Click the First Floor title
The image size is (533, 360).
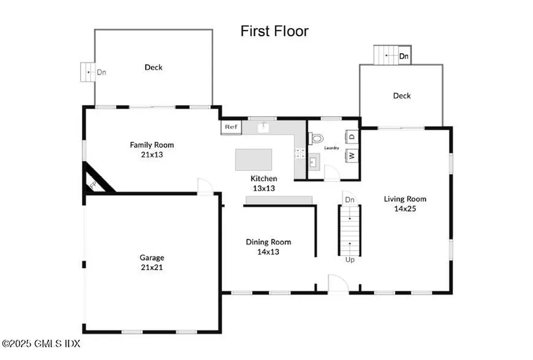point(274,31)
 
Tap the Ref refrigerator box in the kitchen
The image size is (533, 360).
point(231,127)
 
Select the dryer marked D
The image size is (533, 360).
point(352,137)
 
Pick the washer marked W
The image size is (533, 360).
point(352,155)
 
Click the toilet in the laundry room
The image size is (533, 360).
point(315,139)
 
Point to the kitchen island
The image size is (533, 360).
point(253,159)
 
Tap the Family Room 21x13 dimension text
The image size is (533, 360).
point(152,155)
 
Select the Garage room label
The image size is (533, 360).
point(152,257)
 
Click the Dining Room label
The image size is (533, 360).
point(269,242)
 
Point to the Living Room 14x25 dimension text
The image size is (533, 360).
point(405,208)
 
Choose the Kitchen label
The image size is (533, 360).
point(264,178)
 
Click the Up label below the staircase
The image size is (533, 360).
point(350,260)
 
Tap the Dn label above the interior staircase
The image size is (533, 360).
point(350,200)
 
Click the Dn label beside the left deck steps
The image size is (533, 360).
point(101,72)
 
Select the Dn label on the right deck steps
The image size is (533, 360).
point(404,56)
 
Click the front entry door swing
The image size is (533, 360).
point(338,283)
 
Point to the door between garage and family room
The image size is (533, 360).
point(205,187)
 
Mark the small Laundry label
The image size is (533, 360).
point(332,148)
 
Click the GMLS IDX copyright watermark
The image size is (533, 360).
point(41,344)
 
